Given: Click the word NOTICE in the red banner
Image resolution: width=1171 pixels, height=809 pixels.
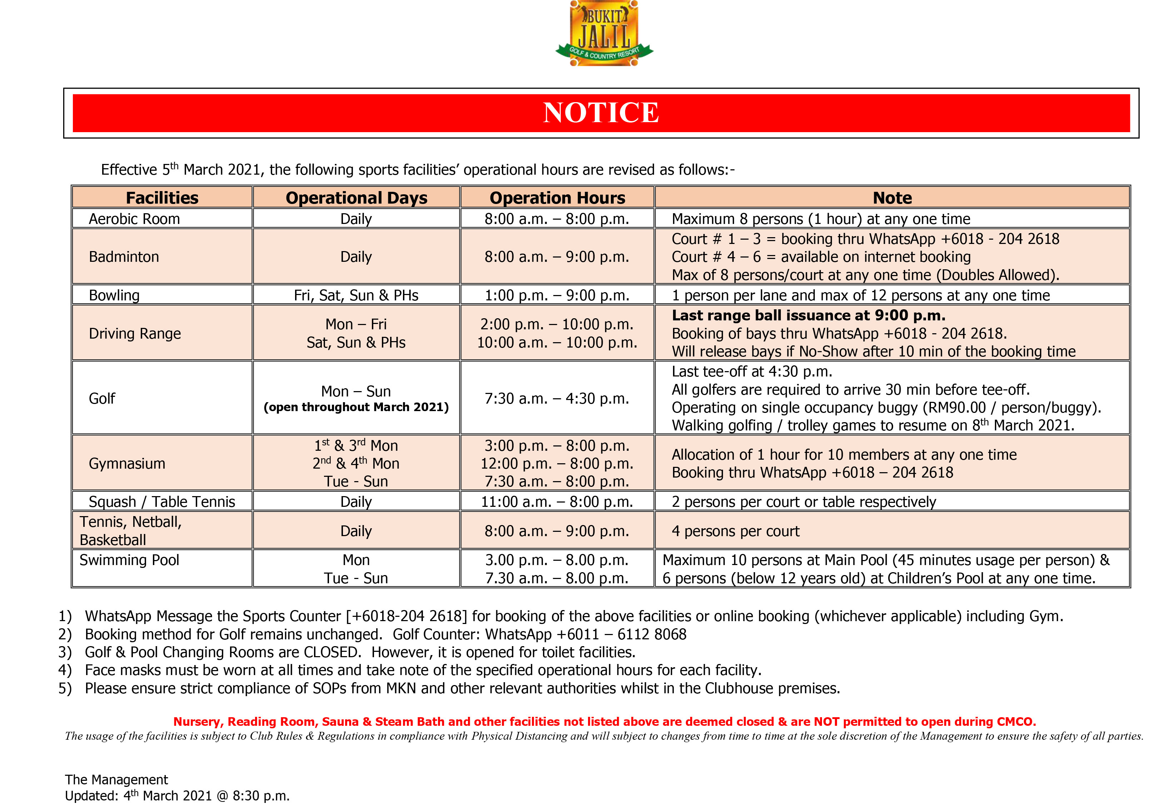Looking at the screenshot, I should coord(601,113).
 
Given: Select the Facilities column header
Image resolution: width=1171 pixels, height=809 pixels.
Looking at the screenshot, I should coord(162,198).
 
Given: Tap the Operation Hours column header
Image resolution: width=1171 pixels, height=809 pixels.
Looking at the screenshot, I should coord(557,198).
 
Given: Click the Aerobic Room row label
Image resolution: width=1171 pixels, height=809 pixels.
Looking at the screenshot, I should coord(134,219).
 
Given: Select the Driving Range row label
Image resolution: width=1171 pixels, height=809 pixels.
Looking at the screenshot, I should coord(134,334).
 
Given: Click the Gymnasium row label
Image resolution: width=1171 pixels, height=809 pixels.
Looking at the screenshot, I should coord(127,463).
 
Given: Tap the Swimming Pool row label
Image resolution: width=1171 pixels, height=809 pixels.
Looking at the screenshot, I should coord(129,560).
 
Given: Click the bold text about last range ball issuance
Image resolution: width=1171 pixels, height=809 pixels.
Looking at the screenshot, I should coord(808,315).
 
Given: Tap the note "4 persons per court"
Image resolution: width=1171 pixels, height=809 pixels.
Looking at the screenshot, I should coord(735,531).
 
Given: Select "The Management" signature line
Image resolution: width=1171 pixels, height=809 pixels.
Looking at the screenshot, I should coord(116,780).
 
